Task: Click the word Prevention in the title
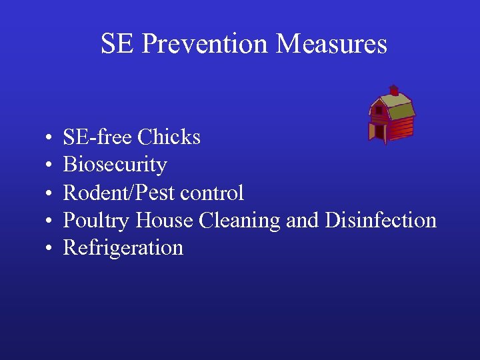(205, 44)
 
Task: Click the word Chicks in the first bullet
(169, 137)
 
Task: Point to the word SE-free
(97, 137)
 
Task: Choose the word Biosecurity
(115, 165)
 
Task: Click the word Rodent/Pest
(119, 193)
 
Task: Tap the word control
(213, 193)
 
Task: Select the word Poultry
(96, 221)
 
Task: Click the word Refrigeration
(123, 249)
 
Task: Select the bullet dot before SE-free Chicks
(51, 138)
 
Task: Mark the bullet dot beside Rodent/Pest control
(51, 194)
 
